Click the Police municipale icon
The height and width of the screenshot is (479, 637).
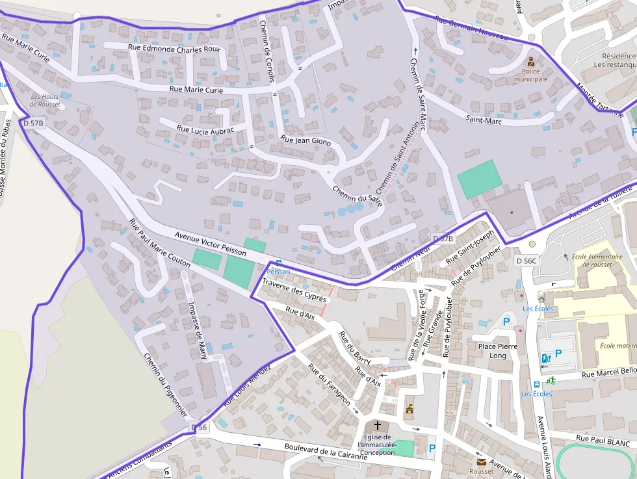531,62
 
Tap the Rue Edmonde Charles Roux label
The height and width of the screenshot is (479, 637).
174,47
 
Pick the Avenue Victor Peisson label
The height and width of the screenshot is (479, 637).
210,242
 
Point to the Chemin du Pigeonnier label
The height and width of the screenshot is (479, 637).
166,385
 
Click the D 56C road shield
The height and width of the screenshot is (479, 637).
526,261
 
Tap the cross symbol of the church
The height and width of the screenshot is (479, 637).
378,426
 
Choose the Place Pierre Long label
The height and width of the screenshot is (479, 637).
497,351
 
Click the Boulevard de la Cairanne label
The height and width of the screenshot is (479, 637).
326,452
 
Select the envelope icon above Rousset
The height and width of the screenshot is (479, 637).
481,462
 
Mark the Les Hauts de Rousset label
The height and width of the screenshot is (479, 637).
45,101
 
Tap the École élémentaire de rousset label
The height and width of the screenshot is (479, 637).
601,260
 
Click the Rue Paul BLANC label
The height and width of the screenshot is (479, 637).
603,441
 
